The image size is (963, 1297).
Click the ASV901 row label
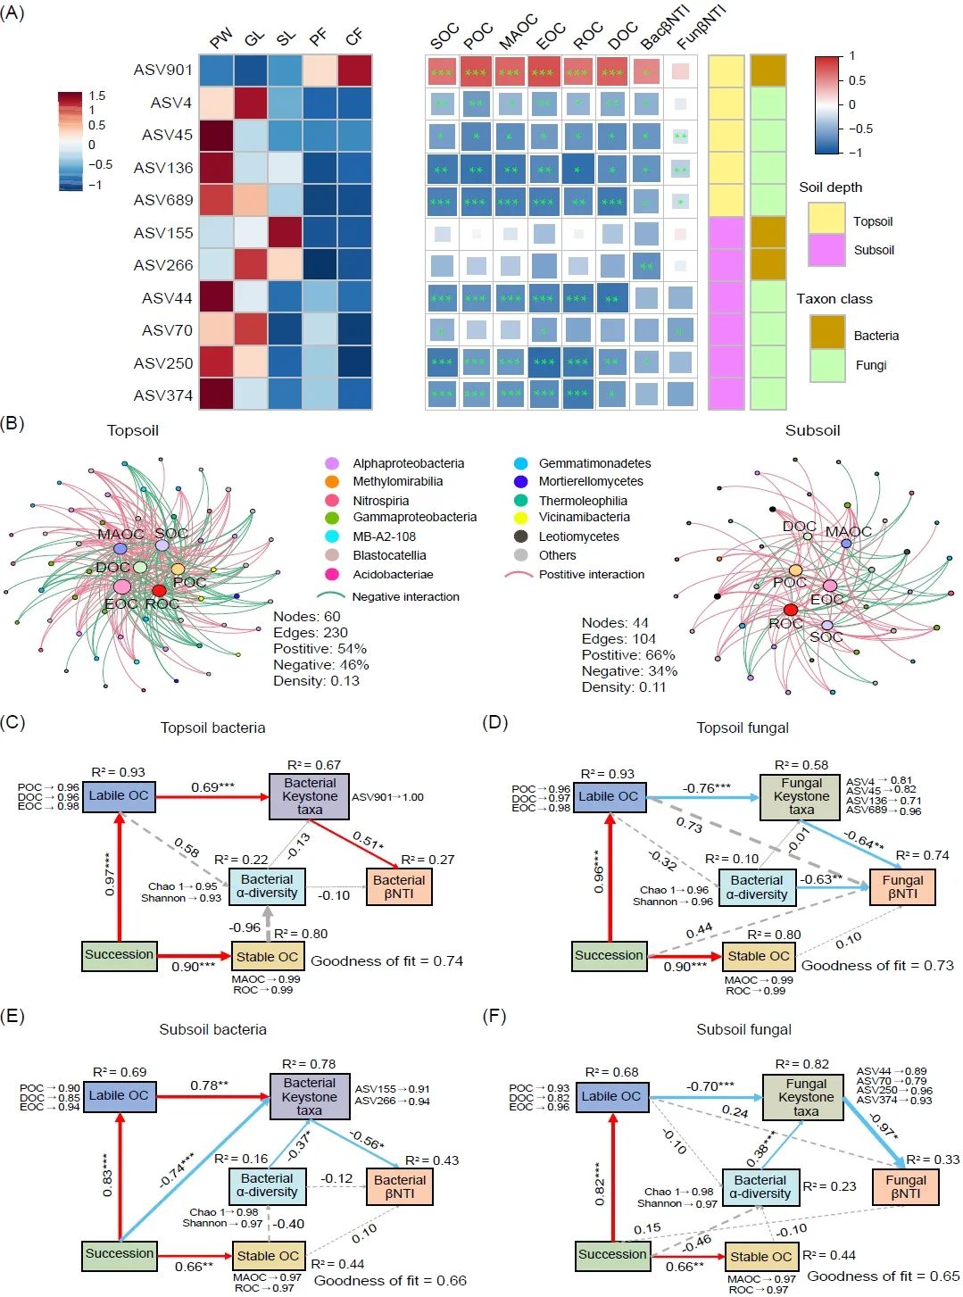[162, 70]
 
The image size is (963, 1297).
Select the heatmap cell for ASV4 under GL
[251, 103]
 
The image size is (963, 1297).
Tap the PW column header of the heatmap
[220, 37]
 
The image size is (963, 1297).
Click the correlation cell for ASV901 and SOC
[442, 71]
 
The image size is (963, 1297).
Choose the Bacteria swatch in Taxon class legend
[827, 333]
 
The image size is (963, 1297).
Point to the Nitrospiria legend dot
[332, 501]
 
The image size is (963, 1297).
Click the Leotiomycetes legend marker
[520, 536]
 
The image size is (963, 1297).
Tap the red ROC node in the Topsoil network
[159, 590]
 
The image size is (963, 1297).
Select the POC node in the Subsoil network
[795, 570]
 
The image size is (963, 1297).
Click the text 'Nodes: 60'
[306, 617]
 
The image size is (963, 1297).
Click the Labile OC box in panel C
[119, 796]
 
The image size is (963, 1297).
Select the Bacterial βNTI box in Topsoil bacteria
[399, 886]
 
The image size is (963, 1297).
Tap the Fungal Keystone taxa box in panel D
[801, 796]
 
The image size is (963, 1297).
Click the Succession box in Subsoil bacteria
[119, 1254]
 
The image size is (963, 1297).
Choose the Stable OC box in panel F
[760, 1257]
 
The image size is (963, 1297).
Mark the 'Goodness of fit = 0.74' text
[386, 961]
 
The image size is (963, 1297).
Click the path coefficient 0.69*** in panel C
[212, 787]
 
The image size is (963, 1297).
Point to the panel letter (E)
[12, 1017]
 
